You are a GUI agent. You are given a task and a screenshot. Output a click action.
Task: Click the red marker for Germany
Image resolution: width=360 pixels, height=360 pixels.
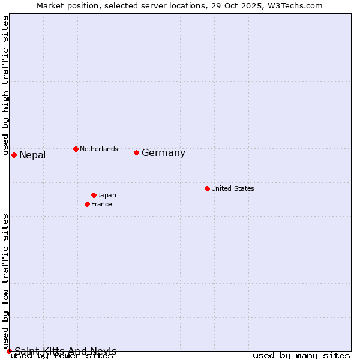point(136,152)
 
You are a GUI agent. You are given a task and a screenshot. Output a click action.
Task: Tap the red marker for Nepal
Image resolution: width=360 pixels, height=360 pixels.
point(14,155)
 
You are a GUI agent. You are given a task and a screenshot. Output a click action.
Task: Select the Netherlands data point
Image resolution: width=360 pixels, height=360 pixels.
point(76,149)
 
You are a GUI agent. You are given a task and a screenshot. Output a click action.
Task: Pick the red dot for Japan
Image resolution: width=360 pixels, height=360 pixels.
point(94,195)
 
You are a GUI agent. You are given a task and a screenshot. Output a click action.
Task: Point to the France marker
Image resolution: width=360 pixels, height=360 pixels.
point(87,204)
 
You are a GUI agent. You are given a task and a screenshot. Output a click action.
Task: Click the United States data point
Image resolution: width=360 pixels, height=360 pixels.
point(207,188)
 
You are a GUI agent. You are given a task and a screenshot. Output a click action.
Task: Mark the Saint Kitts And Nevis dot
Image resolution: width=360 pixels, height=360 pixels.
point(9,351)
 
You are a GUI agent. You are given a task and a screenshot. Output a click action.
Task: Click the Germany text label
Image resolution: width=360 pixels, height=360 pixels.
point(163,153)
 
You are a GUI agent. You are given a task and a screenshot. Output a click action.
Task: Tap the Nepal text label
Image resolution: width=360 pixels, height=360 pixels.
point(32,155)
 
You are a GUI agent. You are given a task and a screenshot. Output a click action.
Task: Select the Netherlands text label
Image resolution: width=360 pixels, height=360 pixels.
point(98,149)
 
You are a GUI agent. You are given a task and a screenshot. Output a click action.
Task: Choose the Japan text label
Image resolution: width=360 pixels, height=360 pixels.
point(107,195)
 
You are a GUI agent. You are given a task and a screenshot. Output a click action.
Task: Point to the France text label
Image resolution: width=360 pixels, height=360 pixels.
point(101,204)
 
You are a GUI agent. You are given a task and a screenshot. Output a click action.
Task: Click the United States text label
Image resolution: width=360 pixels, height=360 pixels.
point(232,188)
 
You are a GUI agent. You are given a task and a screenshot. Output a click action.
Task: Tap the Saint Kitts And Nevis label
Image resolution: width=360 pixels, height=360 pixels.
point(65,351)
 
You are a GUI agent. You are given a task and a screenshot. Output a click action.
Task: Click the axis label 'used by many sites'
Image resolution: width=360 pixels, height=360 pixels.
point(301,356)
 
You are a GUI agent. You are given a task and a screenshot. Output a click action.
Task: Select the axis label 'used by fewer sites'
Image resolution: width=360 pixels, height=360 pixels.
point(62,356)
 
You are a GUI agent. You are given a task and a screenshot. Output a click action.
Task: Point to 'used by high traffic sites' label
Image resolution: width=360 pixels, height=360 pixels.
point(6,86)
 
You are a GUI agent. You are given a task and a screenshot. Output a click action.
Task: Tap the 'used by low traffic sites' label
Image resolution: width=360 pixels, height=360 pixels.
point(6,281)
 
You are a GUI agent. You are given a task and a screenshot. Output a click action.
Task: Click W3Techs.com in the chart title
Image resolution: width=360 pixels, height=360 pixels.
point(295,5)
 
